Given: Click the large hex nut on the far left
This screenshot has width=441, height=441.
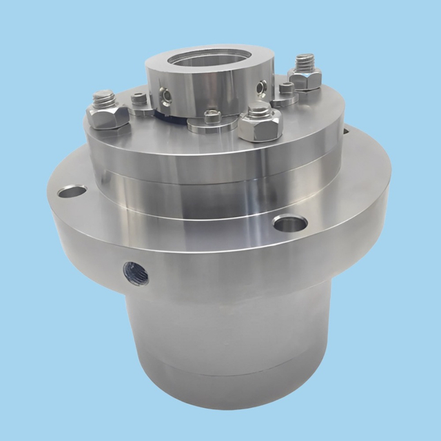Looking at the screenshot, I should coord(109,116).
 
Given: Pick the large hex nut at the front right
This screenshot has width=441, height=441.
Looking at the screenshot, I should coord(260,125).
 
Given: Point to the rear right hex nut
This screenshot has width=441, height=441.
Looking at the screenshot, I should coord(304,79).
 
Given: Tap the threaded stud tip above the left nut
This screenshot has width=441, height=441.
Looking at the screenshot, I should coord(103,97).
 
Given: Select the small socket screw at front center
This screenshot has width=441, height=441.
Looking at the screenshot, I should coord(212,117).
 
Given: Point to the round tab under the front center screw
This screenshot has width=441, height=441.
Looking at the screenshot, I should coord(207,125).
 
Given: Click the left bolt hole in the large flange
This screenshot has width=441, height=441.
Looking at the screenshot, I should coord(72,191).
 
